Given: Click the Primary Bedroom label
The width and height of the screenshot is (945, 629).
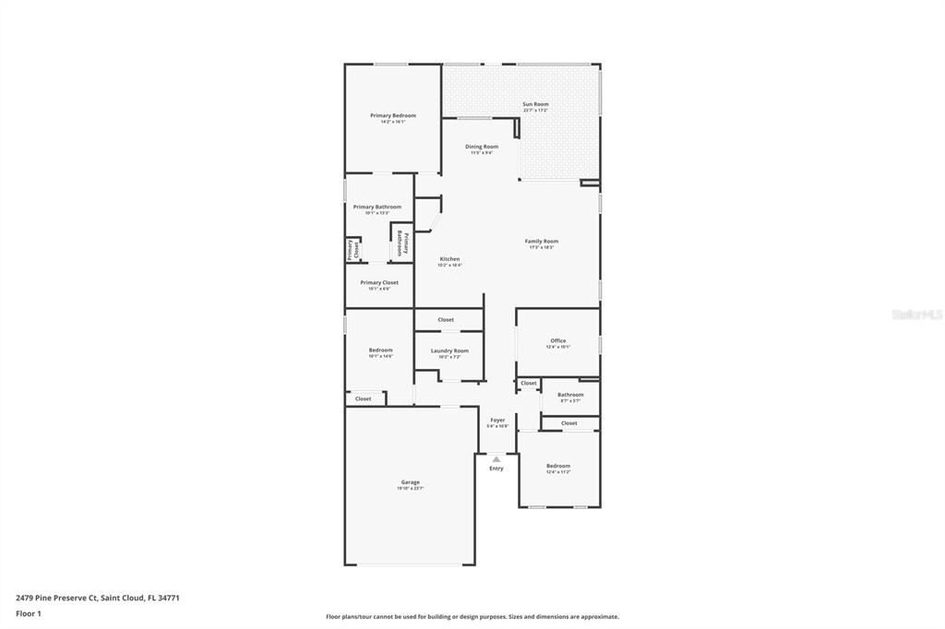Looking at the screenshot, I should (x=393, y=116).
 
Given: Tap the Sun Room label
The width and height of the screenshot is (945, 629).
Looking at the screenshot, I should (x=535, y=105).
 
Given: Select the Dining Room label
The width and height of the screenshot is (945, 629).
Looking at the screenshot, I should (x=482, y=148).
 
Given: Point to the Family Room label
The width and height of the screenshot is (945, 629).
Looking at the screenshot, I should (x=542, y=242).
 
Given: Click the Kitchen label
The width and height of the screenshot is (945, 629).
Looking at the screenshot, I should (x=449, y=259).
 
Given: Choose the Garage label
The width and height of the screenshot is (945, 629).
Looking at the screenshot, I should (x=410, y=482).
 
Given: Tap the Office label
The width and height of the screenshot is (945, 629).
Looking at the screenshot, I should (x=558, y=341).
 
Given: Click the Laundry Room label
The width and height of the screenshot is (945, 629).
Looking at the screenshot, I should (x=449, y=351).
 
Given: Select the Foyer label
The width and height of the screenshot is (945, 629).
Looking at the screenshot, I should (x=497, y=421).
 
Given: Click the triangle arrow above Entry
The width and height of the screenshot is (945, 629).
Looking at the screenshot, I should (x=496, y=458).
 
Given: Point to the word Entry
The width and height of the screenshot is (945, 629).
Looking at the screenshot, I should (x=496, y=469).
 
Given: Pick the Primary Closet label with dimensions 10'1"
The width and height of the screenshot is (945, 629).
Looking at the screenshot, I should (x=379, y=283).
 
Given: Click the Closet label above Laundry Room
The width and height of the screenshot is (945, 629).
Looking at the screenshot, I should (x=446, y=320).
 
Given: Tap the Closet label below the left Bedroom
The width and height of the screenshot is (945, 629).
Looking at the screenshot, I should (x=364, y=398).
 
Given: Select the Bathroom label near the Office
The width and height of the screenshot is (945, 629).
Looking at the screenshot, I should (x=570, y=395).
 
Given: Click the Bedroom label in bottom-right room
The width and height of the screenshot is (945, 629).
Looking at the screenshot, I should (x=558, y=466).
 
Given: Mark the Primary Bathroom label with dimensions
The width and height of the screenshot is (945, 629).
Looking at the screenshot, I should (x=377, y=208).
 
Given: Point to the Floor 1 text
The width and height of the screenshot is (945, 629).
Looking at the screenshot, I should (x=30, y=613).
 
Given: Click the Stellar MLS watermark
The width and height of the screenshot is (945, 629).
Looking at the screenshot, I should (x=916, y=314).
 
